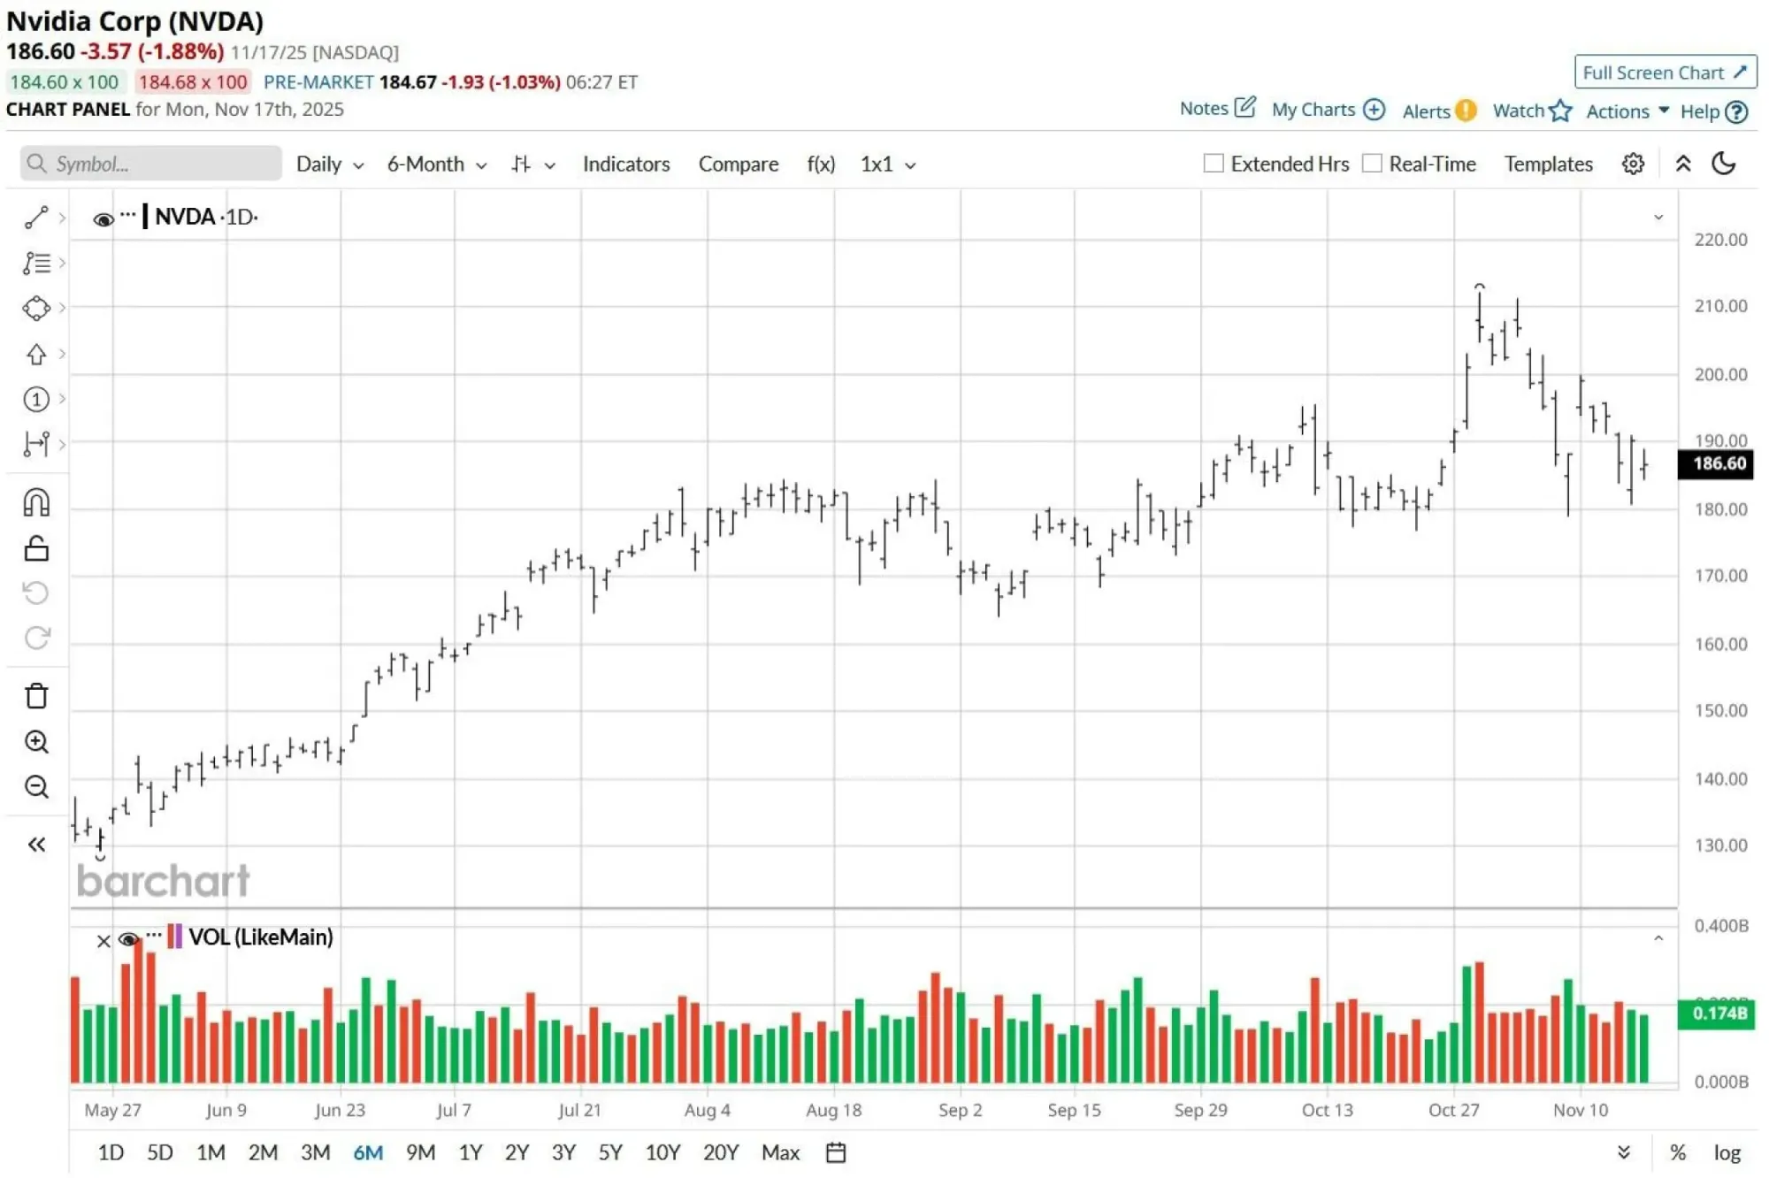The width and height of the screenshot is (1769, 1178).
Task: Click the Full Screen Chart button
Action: click(x=1664, y=73)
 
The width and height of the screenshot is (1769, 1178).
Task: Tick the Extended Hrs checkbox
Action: click(x=1214, y=164)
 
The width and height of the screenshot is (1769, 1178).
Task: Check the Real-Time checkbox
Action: click(x=1372, y=164)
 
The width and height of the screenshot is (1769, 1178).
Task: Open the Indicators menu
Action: click(x=625, y=164)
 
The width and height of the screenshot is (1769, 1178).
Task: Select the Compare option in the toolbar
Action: click(x=738, y=164)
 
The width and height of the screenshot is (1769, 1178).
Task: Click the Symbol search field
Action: click(x=159, y=164)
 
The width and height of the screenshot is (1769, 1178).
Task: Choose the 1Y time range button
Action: click(x=470, y=1152)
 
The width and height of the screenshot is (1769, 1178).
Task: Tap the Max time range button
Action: click(x=780, y=1152)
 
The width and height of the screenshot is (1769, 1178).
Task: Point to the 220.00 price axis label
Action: click(x=1720, y=240)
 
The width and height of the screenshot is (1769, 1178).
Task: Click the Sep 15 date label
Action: click(x=1074, y=1110)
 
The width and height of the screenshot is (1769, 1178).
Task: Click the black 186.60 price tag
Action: click(x=1718, y=463)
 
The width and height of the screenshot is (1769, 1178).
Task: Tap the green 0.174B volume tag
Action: click(x=1718, y=1014)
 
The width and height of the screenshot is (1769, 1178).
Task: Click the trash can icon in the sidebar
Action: click(x=36, y=696)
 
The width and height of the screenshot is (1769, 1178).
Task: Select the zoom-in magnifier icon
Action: click(x=36, y=742)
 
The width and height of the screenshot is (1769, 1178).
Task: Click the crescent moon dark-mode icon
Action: click(x=1724, y=164)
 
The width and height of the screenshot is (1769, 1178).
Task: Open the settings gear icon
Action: click(x=1633, y=164)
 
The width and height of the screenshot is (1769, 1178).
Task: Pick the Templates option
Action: click(x=1548, y=164)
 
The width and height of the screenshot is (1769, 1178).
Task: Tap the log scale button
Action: click(x=1727, y=1153)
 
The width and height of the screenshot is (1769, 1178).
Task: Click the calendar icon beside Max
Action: click(x=836, y=1153)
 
